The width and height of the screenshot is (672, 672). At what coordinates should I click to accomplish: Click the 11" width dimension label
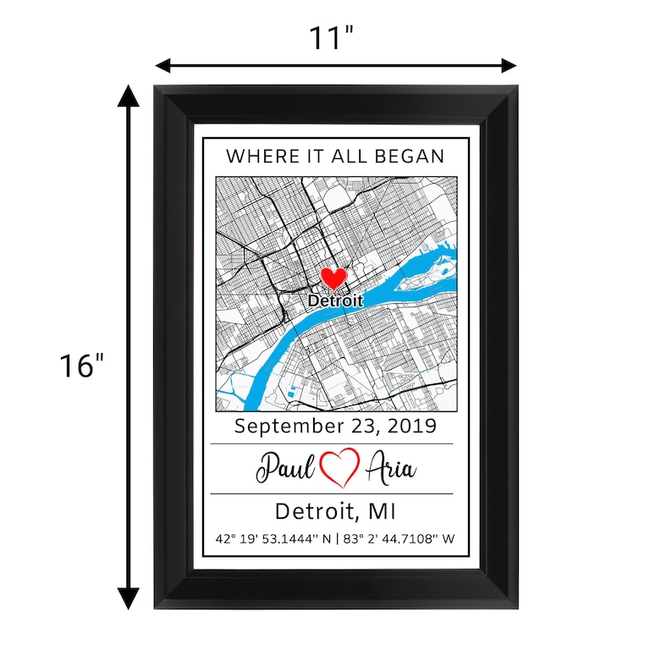pos(332,37)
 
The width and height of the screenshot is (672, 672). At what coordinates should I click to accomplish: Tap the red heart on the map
pos(333,278)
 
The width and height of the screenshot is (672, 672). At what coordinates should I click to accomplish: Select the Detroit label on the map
pos(335,300)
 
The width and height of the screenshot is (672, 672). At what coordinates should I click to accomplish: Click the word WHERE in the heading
pos(253,156)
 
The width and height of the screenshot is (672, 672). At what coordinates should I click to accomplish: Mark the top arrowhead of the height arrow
pos(128,94)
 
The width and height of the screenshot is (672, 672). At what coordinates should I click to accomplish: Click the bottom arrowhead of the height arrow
pos(128,598)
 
